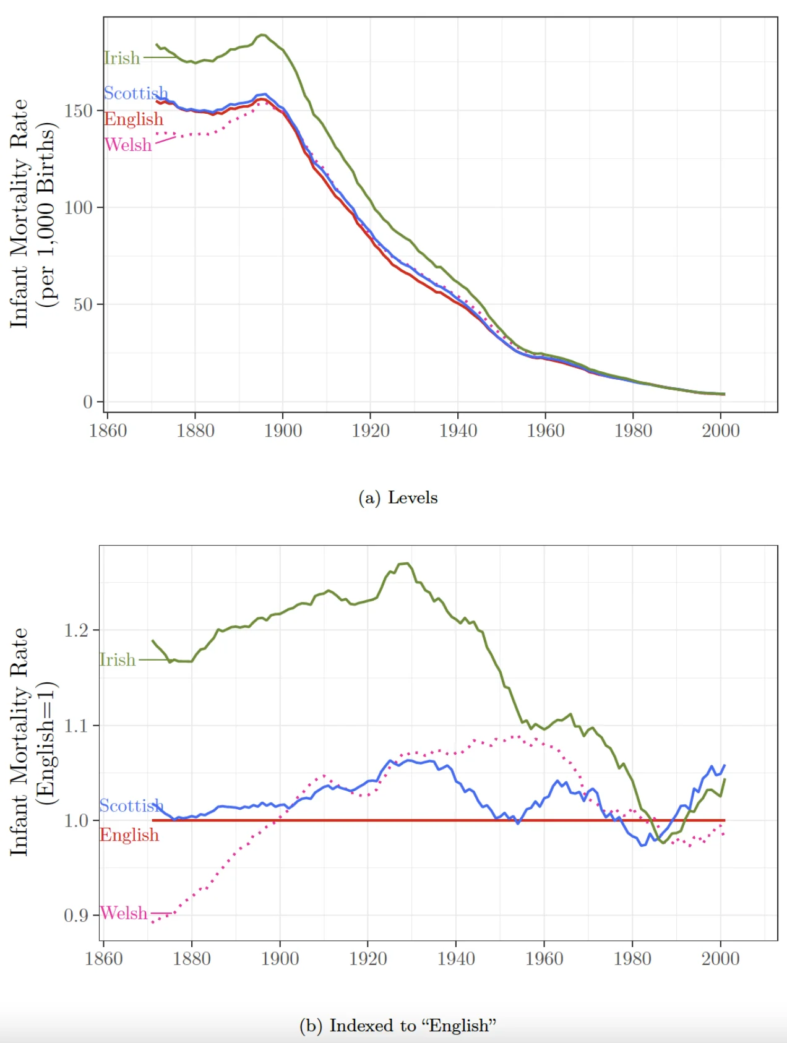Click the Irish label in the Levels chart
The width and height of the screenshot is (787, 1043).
[x=122, y=58]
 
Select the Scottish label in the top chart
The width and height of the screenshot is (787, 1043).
[x=135, y=93]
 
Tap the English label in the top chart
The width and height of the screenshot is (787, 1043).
[x=134, y=119]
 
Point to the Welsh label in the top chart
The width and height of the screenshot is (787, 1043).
[x=128, y=145]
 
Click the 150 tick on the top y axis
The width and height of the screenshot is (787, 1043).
[x=79, y=111]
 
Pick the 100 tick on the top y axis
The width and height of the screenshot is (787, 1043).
[x=79, y=207]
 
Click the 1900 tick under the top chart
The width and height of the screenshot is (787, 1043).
[x=283, y=431]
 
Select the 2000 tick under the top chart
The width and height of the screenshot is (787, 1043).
[x=720, y=431]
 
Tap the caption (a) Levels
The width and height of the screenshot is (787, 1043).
[x=398, y=497]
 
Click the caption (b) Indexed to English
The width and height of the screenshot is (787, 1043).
[x=398, y=1025]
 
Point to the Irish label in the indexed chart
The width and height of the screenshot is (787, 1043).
[x=118, y=659]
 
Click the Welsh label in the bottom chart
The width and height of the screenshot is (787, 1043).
[x=124, y=913]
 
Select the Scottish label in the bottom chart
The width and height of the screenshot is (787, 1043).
[x=131, y=805]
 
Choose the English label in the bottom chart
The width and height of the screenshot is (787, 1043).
[x=129, y=835]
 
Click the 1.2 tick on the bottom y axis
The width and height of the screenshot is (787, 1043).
[x=77, y=630]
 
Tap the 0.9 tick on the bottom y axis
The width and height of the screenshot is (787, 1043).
[x=77, y=915]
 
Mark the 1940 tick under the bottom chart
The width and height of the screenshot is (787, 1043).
[x=456, y=959]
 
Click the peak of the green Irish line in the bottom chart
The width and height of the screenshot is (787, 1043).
[x=405, y=564]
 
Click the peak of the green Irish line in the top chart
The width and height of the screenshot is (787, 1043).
[x=262, y=35]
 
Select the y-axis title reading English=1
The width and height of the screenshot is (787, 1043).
[x=45, y=742]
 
